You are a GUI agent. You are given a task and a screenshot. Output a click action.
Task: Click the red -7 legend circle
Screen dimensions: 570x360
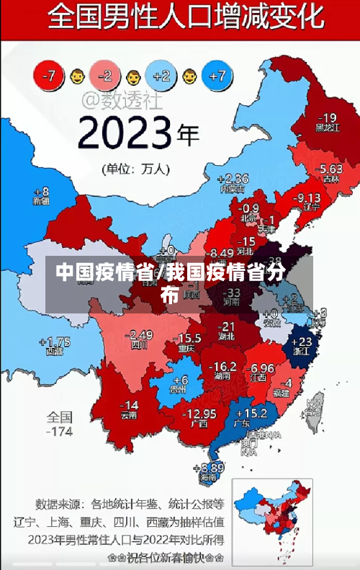[50, 74]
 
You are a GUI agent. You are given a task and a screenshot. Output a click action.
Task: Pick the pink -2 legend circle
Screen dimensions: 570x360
[105, 74]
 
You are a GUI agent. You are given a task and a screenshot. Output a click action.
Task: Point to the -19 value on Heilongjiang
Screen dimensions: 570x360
[328, 117]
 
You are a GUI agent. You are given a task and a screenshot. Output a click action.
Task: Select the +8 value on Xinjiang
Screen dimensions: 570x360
[41, 192]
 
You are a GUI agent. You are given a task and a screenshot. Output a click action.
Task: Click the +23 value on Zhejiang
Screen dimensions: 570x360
[305, 341]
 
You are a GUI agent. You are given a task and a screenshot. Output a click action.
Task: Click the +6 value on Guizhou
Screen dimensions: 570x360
[181, 380]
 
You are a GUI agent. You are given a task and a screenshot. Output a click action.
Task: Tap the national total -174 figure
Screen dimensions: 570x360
[59, 432]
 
